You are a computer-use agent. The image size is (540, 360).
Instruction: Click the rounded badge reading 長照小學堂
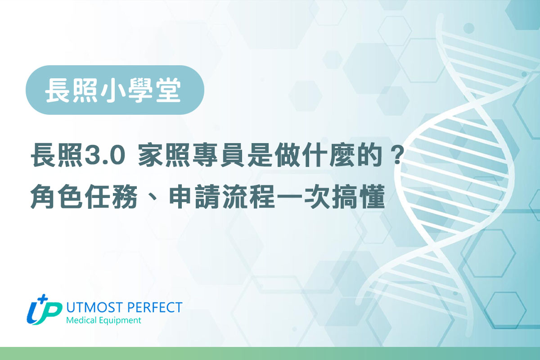[115, 90]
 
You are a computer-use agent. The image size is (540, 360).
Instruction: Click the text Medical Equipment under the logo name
[103, 320]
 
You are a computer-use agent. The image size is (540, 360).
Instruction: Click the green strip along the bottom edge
[270, 353]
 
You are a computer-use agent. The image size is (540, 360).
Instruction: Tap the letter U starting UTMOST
[70, 308]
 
